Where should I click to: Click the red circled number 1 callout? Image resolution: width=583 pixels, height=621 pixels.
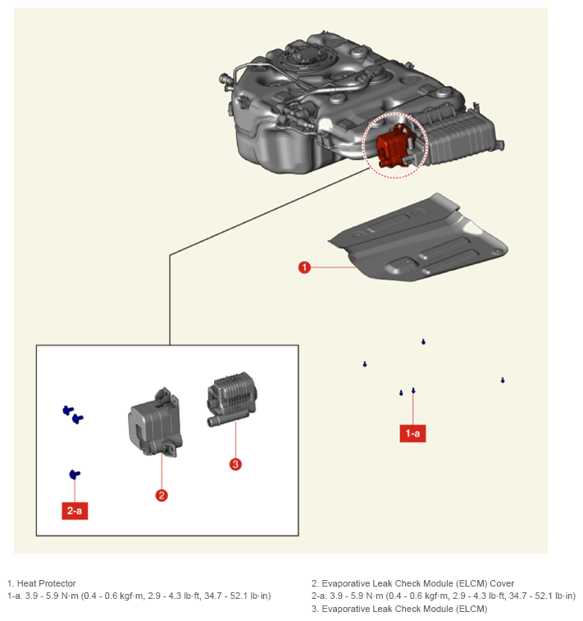click(304, 267)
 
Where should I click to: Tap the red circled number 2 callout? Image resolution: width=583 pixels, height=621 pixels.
click(162, 496)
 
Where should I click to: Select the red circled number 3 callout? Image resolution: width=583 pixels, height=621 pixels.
click(235, 465)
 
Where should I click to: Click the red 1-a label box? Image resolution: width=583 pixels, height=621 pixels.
click(412, 433)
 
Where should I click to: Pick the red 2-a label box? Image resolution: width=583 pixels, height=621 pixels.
click(75, 510)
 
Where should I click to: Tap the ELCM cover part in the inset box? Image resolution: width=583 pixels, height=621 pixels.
click(155, 422)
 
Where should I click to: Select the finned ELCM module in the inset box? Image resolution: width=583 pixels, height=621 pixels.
click(232, 398)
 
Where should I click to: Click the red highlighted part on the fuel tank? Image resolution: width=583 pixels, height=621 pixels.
click(393, 145)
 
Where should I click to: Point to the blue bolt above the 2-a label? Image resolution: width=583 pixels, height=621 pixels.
click(75, 474)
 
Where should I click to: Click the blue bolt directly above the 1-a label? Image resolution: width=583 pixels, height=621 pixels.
click(413, 391)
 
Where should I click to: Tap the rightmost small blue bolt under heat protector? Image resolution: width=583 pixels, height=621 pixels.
click(503, 381)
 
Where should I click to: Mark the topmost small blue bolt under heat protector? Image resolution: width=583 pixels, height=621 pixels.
click(423, 342)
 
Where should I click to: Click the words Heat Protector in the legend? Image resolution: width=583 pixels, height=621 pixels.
click(47, 583)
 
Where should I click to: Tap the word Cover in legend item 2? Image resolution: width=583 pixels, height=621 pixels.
click(502, 583)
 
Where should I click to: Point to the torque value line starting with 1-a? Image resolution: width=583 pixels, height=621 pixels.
click(139, 596)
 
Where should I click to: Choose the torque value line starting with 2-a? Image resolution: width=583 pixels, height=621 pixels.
click(444, 596)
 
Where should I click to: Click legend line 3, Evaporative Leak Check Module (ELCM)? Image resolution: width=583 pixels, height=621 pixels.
click(399, 609)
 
